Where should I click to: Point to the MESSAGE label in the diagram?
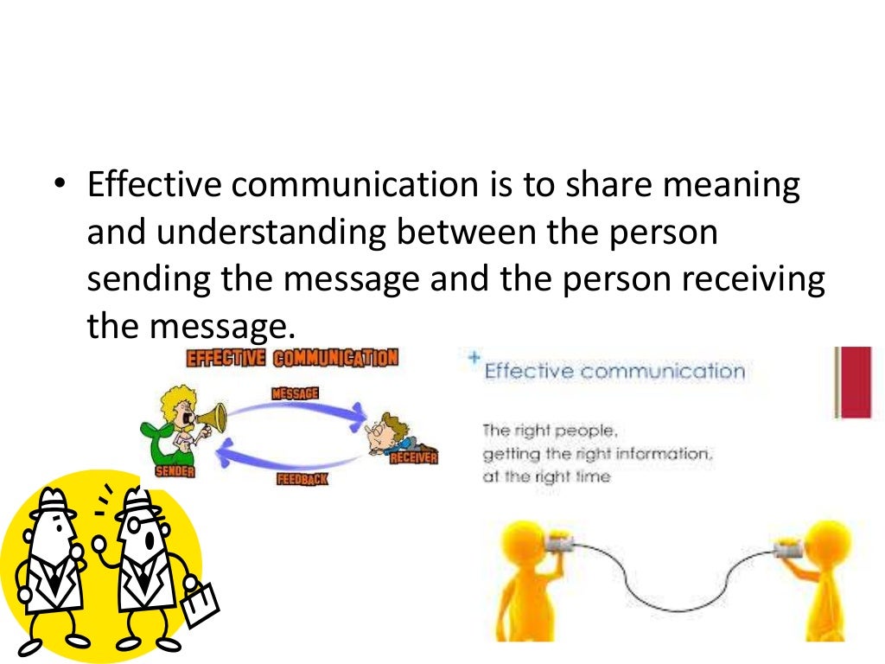click(x=296, y=394)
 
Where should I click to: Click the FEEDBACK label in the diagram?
click(x=302, y=478)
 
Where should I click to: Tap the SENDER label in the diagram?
click(x=175, y=471)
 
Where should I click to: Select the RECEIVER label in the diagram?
click(x=413, y=457)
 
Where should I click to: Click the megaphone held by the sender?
click(x=210, y=418)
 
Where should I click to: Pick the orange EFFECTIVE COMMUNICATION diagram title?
click(x=292, y=358)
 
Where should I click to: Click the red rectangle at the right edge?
click(x=856, y=382)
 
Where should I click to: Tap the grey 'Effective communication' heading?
click(x=614, y=372)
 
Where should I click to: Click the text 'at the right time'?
click(x=546, y=476)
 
